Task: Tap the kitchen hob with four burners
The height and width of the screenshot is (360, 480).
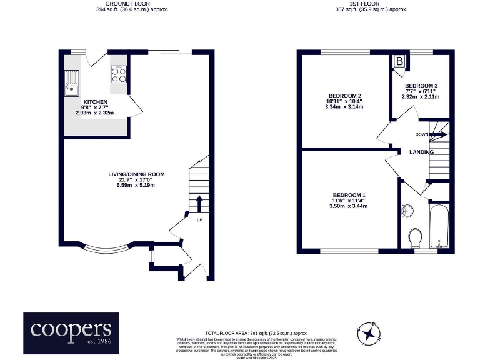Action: click(x=119, y=74)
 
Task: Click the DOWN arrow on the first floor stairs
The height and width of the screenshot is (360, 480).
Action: click(x=437, y=134)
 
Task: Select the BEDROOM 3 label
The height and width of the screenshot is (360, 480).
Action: click(x=421, y=86)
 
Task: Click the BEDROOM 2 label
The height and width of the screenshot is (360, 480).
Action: click(x=344, y=95)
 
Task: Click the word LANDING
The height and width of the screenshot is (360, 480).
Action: click(x=422, y=152)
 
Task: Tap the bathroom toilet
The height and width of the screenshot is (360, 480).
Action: click(x=415, y=237)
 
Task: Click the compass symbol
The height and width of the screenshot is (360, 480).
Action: click(x=369, y=332)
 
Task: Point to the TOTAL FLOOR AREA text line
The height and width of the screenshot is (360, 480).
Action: click(x=257, y=333)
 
